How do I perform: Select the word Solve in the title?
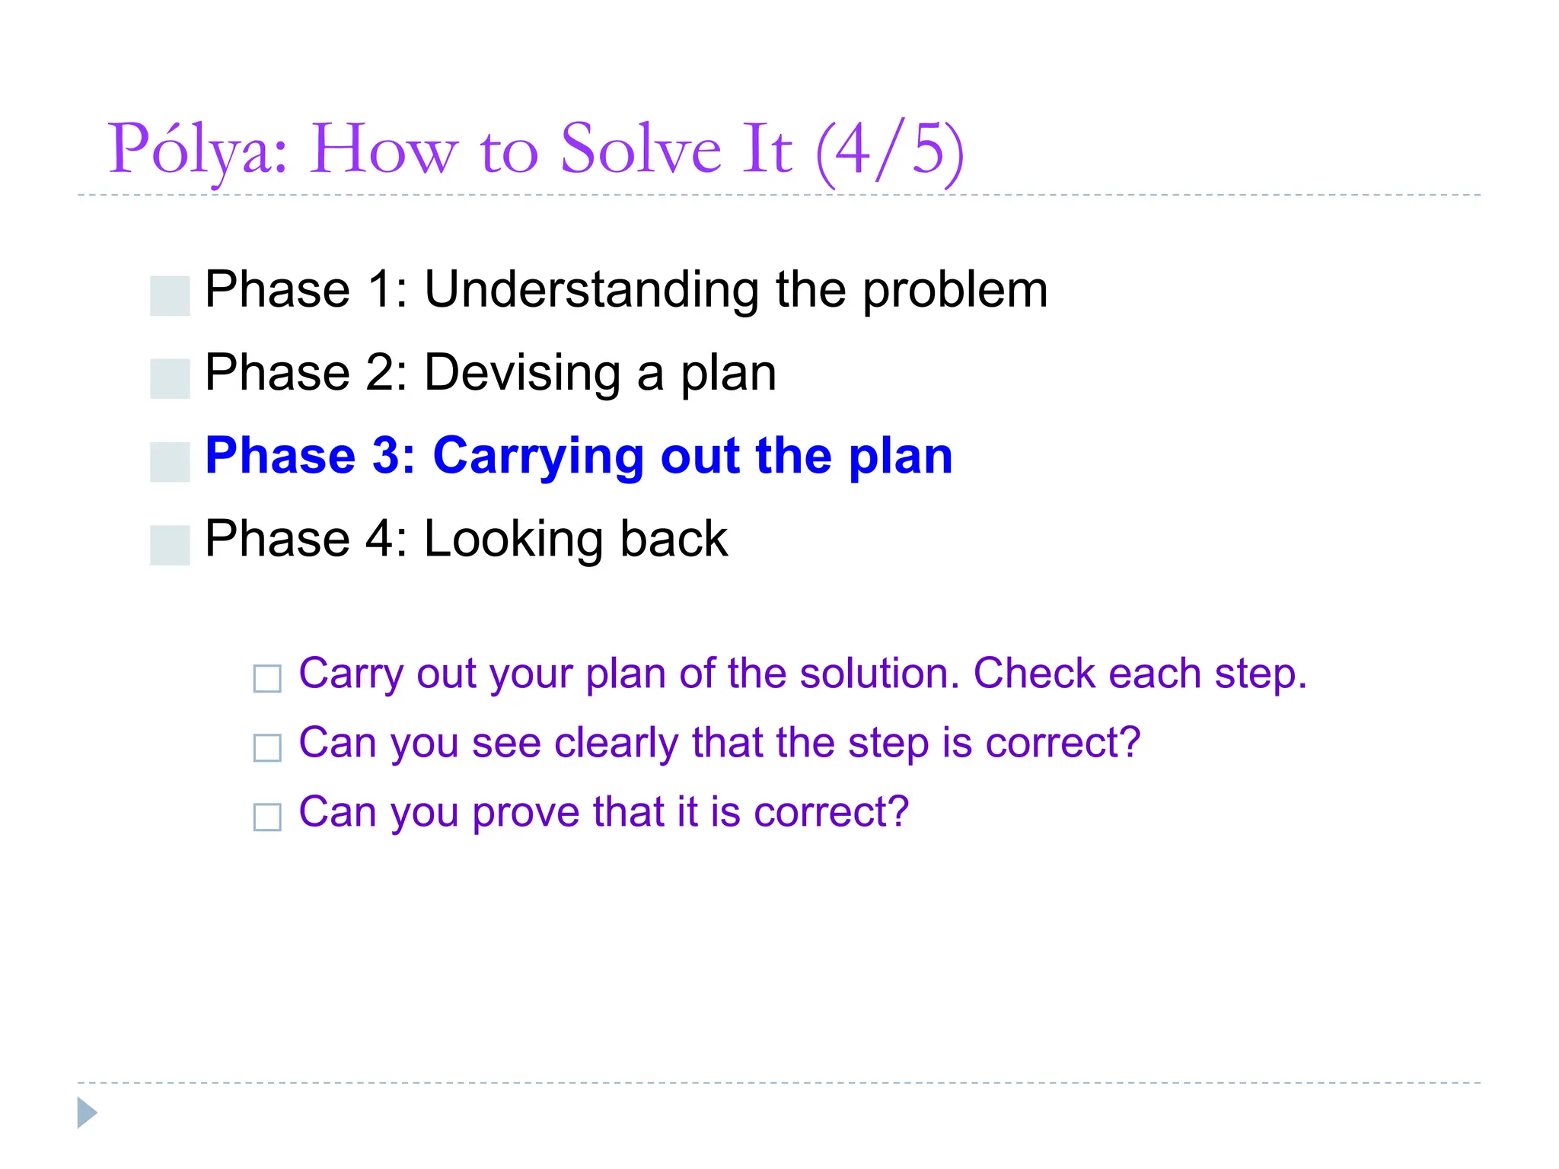(639, 150)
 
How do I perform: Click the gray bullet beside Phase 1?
(170, 295)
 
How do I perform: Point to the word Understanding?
(591, 291)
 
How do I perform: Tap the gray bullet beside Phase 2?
(170, 378)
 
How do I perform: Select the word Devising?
(522, 374)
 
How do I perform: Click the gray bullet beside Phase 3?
(170, 461)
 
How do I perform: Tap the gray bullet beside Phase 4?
(170, 545)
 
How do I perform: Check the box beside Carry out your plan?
(267, 678)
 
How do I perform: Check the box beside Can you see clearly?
(267, 747)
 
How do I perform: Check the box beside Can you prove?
(267, 817)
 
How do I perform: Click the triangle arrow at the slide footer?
(87, 1113)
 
